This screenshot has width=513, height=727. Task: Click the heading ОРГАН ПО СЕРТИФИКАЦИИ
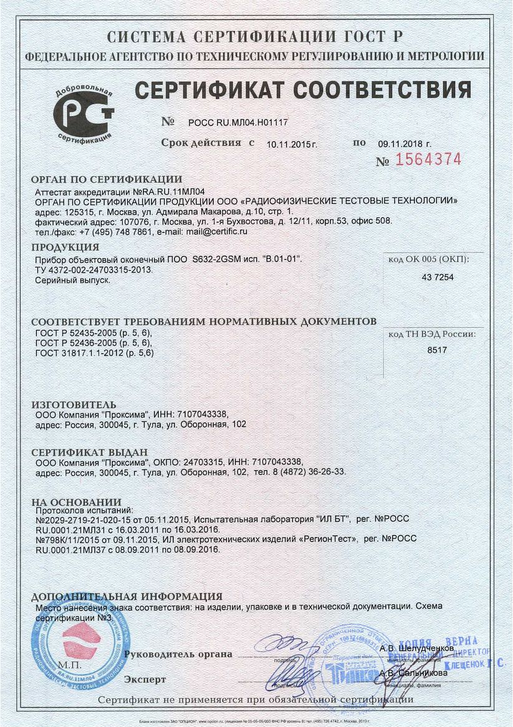(x=107, y=180)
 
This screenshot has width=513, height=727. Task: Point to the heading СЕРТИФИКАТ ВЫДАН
(x=90, y=452)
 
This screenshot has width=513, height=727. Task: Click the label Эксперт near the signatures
(x=145, y=678)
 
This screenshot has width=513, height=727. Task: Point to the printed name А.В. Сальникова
(x=413, y=673)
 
